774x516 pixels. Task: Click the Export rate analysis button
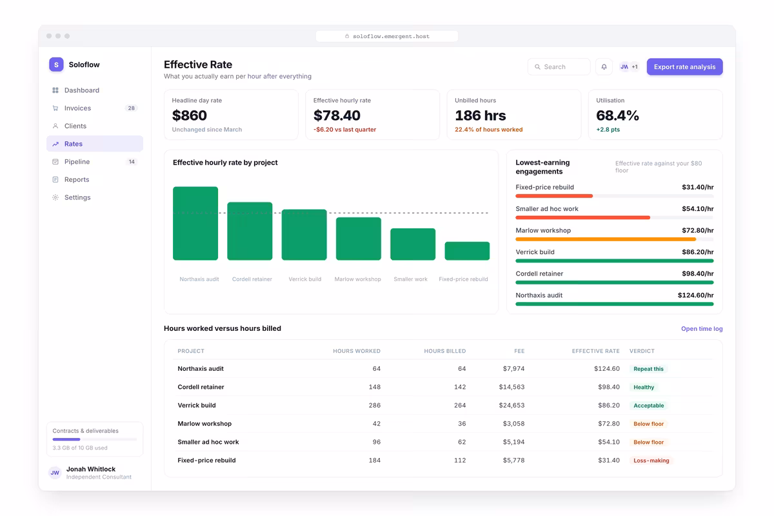tap(684, 66)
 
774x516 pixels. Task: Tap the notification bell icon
tap(604, 66)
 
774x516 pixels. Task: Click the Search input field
tap(559, 66)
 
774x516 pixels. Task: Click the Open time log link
tap(702, 329)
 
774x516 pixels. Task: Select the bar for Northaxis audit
tap(195, 223)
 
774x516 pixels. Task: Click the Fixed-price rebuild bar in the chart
tap(467, 251)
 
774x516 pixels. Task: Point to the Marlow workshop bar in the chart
tap(359, 239)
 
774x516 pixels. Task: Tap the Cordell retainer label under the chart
tap(252, 279)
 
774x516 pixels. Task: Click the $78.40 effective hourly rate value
tap(337, 115)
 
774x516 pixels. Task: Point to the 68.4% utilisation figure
tap(617, 115)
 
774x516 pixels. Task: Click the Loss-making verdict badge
tap(651, 461)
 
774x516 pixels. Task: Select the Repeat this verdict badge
tap(649, 369)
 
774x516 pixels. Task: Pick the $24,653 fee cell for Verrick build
tap(511, 405)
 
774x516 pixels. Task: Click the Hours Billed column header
tap(444, 351)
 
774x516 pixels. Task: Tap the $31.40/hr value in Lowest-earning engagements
tap(698, 187)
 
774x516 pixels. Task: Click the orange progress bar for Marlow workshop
tap(606, 239)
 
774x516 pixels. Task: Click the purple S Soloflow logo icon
tap(56, 64)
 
